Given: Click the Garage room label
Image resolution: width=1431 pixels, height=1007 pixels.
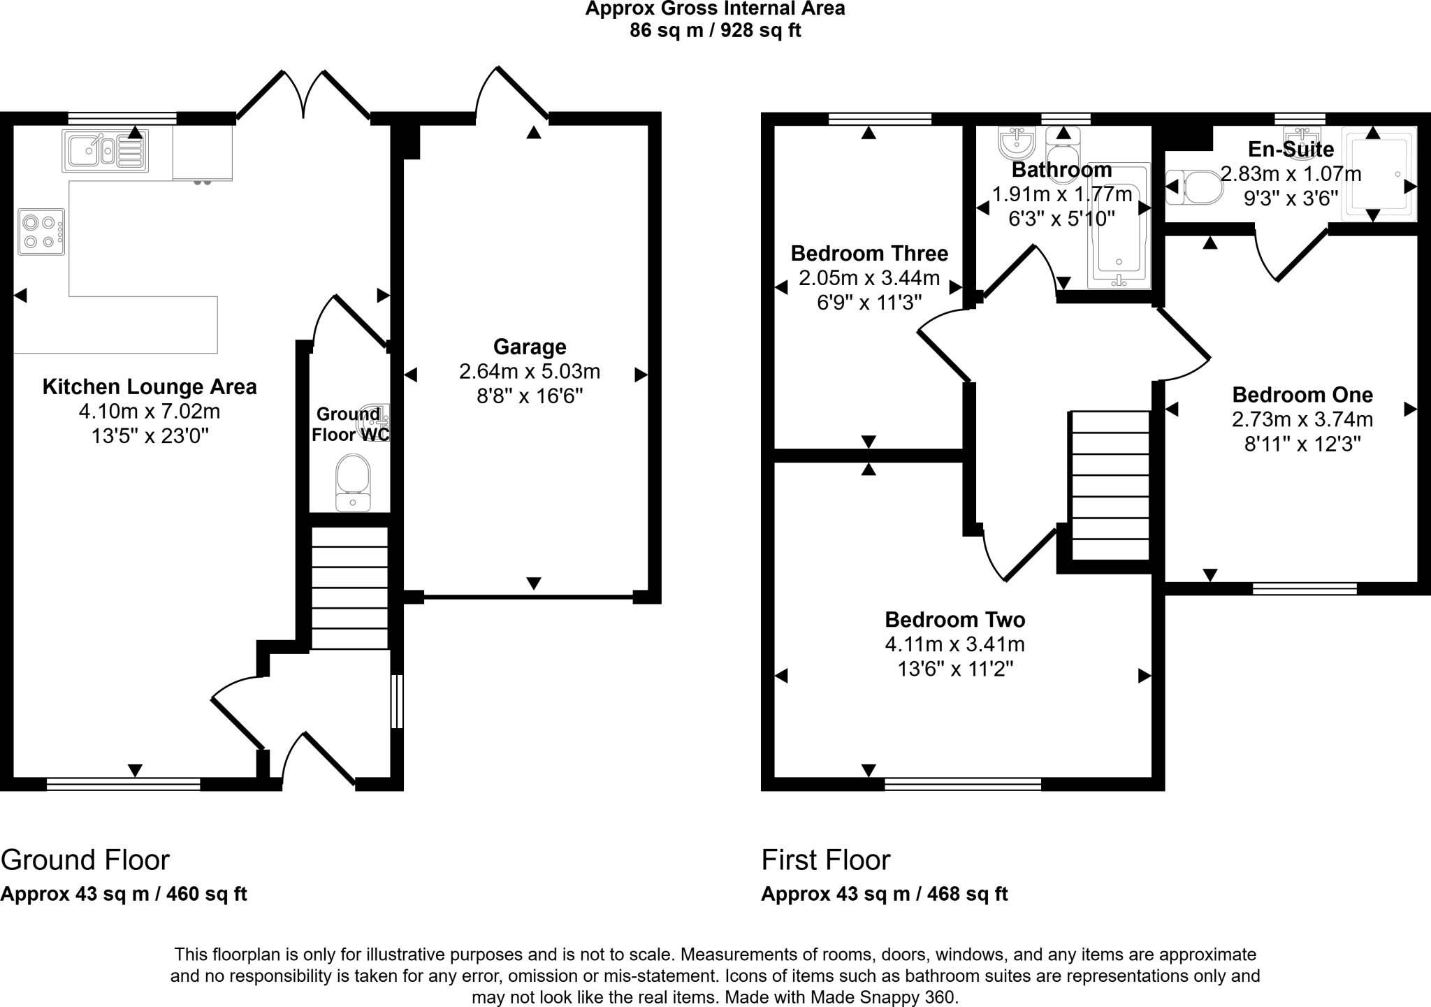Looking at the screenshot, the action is [x=529, y=347].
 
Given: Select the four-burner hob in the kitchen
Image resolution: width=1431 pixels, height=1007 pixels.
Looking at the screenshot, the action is [x=41, y=232].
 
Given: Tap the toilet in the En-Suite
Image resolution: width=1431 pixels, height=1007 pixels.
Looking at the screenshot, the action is [x=1196, y=187].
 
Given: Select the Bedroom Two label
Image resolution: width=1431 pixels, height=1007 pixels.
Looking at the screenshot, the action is [x=954, y=620].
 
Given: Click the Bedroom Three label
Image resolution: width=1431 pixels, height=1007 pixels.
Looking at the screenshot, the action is [x=869, y=253].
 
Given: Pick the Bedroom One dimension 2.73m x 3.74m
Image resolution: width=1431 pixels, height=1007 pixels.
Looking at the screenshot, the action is [x=1302, y=419].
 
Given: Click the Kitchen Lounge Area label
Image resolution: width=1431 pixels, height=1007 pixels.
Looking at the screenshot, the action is [x=150, y=386].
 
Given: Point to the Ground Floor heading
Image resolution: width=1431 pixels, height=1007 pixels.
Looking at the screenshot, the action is [x=85, y=860].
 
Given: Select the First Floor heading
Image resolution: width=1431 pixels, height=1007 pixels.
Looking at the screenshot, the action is [x=825, y=860].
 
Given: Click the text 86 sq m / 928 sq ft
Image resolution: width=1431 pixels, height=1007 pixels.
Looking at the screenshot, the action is [x=715, y=31].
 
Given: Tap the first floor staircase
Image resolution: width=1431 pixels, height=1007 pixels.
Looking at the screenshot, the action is [x=1110, y=485].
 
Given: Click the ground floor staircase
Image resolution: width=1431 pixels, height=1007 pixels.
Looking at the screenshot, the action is [x=349, y=588].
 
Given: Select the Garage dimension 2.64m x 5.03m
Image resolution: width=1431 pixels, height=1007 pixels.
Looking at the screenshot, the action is [x=529, y=372].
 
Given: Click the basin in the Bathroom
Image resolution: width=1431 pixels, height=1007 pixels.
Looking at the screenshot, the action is [x=1016, y=143].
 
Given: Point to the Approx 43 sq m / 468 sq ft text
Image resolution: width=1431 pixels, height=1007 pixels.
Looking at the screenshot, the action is [x=884, y=894].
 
